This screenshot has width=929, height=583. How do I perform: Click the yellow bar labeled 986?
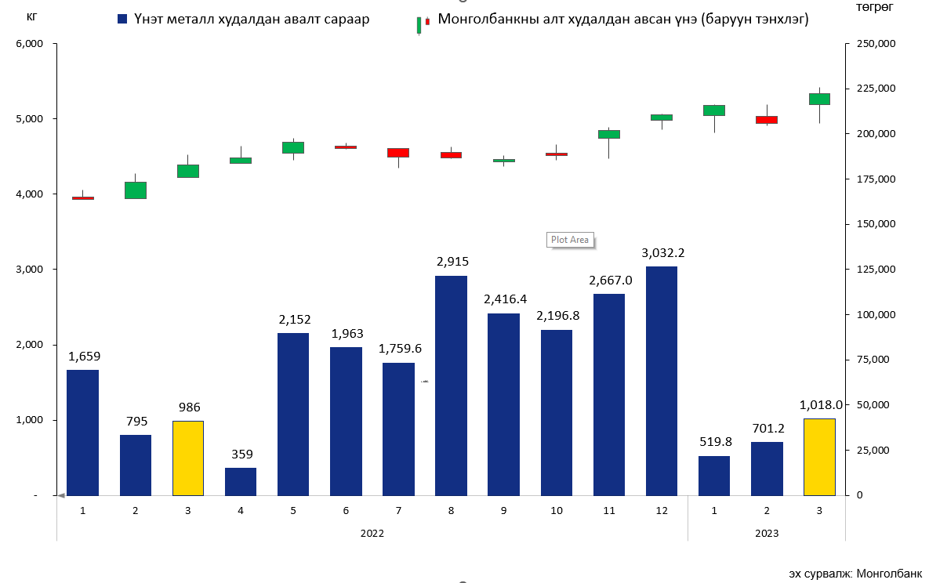[187, 458]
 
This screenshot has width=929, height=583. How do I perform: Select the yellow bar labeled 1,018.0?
[819, 457]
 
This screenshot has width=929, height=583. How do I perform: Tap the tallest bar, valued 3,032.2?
[661, 381]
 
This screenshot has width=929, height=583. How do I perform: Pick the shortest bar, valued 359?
[240, 481]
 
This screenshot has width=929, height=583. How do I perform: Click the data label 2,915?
[451, 262]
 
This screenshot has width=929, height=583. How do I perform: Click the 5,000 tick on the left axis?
[31, 119]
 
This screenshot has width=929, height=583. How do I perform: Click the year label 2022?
[372, 533]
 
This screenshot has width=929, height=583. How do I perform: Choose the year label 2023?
[766, 533]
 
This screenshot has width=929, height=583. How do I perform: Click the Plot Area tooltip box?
[570, 240]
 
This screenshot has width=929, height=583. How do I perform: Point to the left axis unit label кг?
[31, 17]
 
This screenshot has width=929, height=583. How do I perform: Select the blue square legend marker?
[122, 19]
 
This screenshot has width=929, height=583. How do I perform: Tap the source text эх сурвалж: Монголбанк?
[855, 573]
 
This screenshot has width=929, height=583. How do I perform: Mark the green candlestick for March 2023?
[819, 99]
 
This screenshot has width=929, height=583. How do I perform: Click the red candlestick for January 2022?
[82, 198]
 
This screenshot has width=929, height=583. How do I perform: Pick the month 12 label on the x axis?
[661, 510]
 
